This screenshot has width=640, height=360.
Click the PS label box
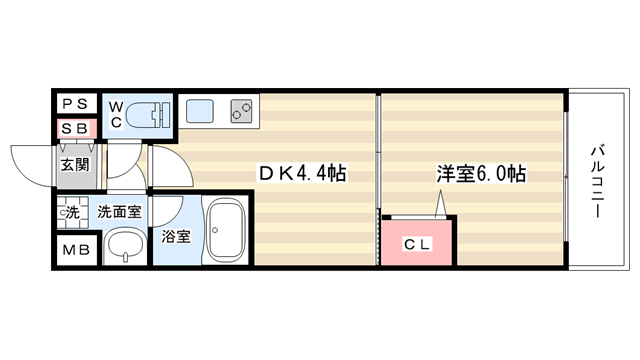pos(76,103)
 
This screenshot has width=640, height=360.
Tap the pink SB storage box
pos(77,129)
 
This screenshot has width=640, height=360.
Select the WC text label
pos(116,115)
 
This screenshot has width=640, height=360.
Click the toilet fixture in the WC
pos(148,116)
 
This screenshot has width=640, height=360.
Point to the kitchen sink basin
pos(200,111)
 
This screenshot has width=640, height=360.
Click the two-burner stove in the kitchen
pos(242,111)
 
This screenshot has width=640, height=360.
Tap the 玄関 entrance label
pos(75,165)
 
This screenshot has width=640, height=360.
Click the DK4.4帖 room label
pos(302,173)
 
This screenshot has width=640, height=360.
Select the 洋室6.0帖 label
pos(482,173)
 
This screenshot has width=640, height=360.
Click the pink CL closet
pos(417,243)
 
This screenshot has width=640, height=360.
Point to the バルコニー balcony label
pos(598,181)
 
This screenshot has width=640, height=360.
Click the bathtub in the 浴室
pos(226,231)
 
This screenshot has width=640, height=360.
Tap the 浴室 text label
pos(176,236)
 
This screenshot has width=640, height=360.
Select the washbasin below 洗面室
pos(125,246)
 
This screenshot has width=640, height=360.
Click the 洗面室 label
pos(119,212)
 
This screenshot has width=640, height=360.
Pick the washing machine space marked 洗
pos(73,212)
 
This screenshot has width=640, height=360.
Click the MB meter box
pos(76,250)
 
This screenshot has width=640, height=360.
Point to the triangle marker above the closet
pos(440,203)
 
